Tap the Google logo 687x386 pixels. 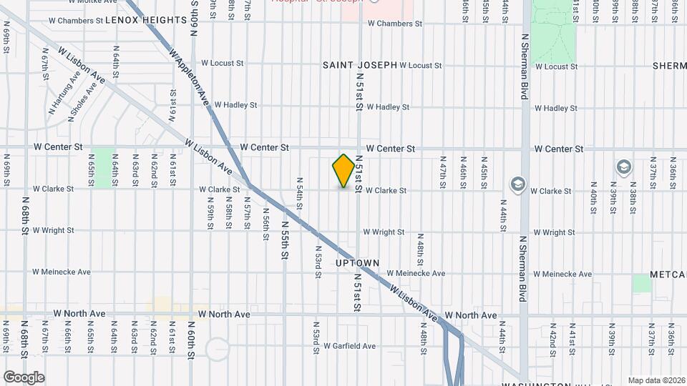point(24,377)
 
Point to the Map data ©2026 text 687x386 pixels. point(656,380)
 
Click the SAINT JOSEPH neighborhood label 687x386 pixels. point(359,65)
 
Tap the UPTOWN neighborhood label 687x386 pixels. point(357,263)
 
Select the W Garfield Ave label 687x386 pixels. point(349,346)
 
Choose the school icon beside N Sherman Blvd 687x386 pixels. point(517,185)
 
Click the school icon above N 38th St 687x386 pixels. point(623,167)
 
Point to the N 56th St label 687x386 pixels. point(265,219)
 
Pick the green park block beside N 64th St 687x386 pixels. point(104,168)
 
